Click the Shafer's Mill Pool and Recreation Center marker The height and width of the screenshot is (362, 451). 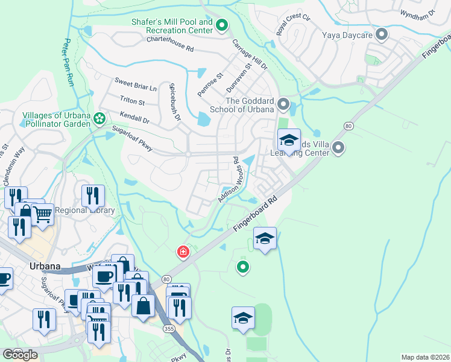click(222, 25)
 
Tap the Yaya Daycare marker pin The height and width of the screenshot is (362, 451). click(381, 34)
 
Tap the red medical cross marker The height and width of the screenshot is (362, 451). click(181, 251)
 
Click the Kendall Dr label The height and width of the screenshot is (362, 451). click(134, 117)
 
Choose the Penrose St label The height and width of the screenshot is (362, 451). click(210, 85)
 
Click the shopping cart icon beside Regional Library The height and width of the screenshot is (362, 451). click(42, 214)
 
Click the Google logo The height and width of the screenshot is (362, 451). click(20, 355)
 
